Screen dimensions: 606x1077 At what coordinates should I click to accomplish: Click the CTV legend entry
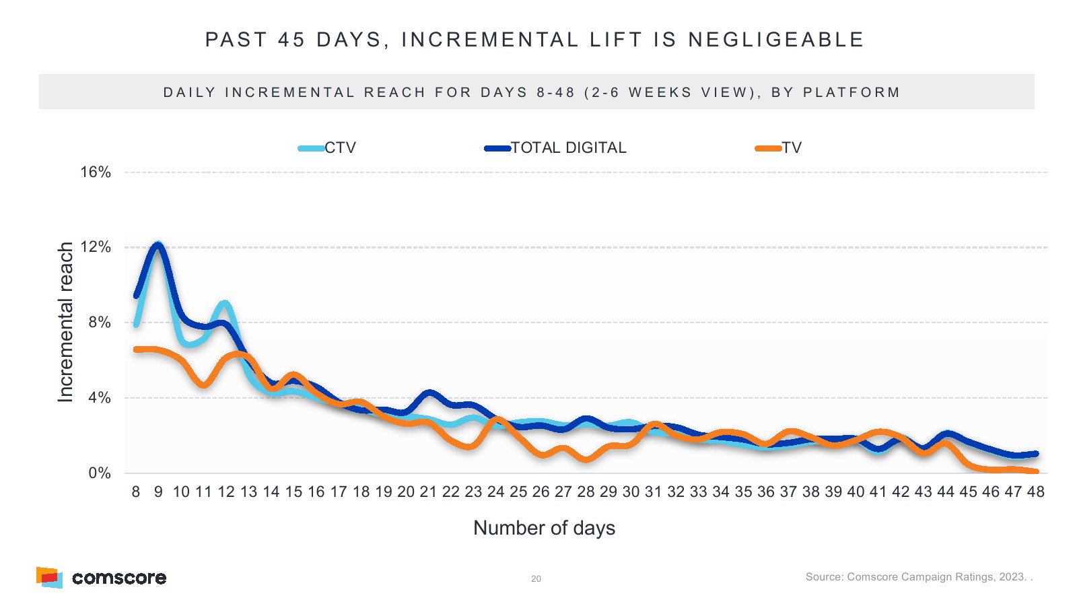pyautogui.click(x=328, y=148)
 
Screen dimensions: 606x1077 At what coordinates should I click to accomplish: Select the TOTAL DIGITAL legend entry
pyautogui.click(x=556, y=148)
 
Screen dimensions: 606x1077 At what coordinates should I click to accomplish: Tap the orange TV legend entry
pyautogui.click(x=779, y=148)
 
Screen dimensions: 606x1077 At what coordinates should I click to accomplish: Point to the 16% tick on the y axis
pyautogui.click(x=96, y=172)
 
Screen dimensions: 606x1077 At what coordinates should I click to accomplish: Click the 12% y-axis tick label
pyautogui.click(x=96, y=247)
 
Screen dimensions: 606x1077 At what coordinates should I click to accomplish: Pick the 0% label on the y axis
pyautogui.click(x=100, y=473)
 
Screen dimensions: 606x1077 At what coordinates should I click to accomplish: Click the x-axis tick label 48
pyautogui.click(x=1035, y=492)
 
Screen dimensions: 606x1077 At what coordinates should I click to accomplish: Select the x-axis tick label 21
pyautogui.click(x=428, y=492)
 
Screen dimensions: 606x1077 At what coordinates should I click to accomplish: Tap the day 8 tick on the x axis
pyautogui.click(x=136, y=492)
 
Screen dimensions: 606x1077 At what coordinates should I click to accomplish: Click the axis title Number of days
pyautogui.click(x=544, y=528)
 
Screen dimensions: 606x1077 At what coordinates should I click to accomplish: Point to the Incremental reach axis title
pyautogui.click(x=65, y=323)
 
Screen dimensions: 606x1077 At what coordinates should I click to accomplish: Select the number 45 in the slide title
pyautogui.click(x=291, y=40)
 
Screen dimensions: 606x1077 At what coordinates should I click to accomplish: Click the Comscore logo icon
pyautogui.click(x=49, y=578)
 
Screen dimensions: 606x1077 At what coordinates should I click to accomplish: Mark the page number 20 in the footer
pyautogui.click(x=536, y=578)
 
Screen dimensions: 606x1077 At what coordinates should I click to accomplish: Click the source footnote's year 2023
pyautogui.click(x=1012, y=577)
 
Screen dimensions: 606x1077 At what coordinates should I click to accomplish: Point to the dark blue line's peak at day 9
pyautogui.click(x=158, y=245)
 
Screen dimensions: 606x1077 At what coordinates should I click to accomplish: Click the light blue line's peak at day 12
pyautogui.click(x=225, y=304)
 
